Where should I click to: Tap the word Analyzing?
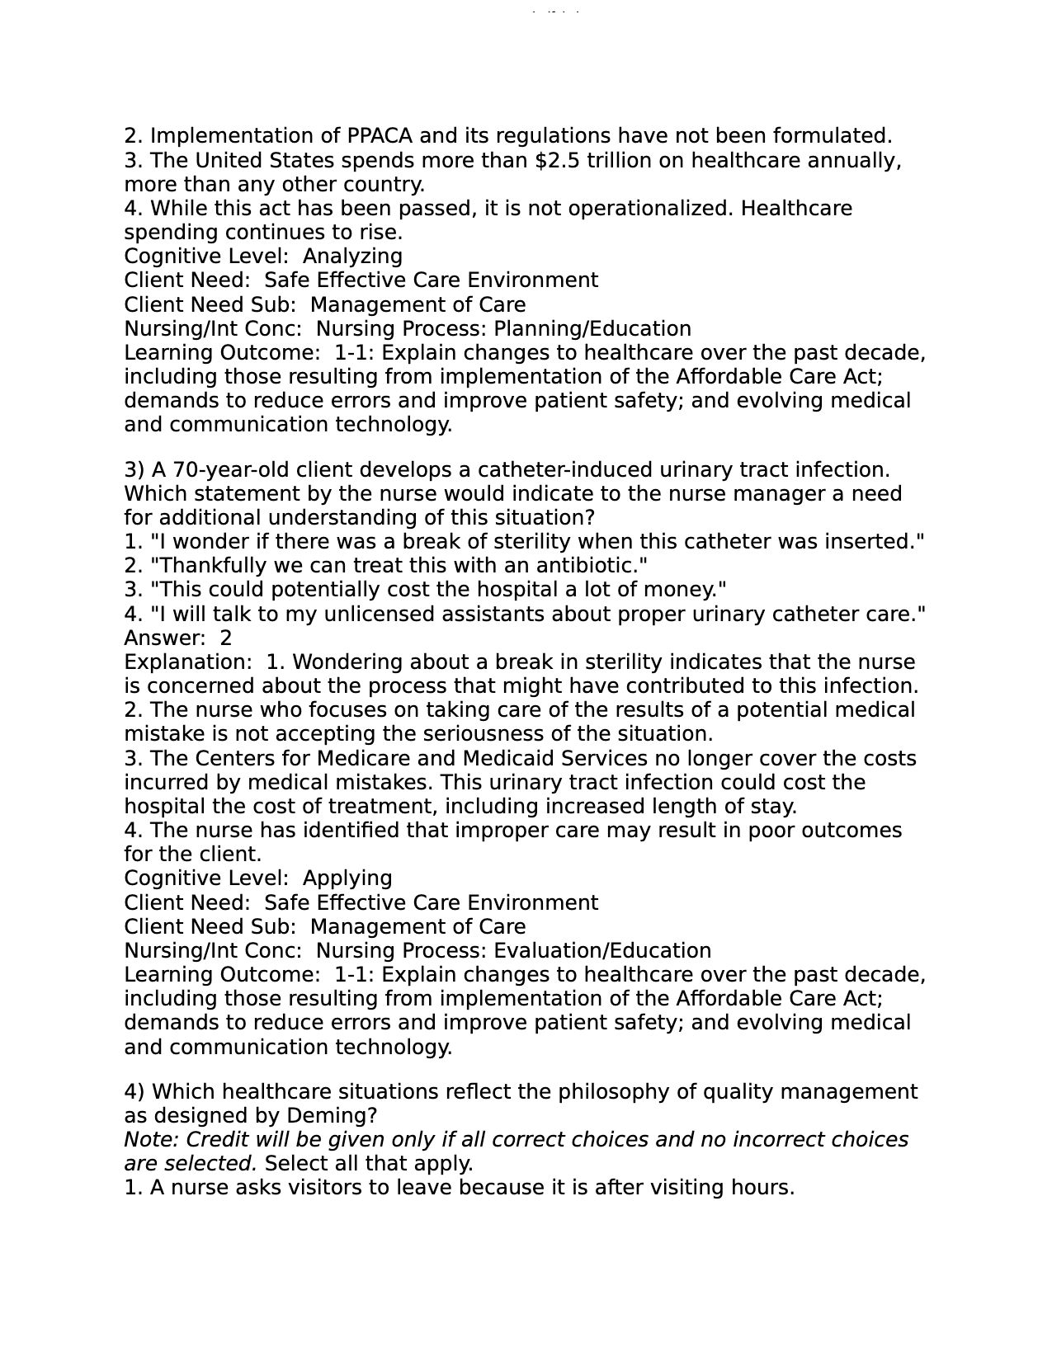point(352,257)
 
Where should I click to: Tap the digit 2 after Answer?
point(226,638)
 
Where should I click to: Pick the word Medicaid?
point(514,759)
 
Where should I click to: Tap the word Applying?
point(347,878)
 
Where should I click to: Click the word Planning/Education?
point(592,329)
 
